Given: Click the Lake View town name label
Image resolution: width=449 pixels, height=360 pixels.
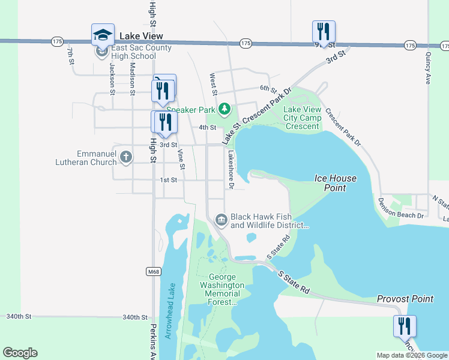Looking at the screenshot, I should click(141, 36).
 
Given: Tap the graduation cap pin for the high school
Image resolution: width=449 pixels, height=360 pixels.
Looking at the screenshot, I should click(103, 34).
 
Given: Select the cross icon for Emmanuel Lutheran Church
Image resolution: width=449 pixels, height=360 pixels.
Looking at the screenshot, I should click(125, 157).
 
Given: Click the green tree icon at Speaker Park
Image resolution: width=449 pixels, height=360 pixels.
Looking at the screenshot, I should click(224, 109).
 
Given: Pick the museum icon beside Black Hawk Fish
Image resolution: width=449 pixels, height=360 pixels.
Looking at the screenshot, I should click(221, 220).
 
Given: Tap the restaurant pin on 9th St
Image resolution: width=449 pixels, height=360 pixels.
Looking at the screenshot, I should click(324, 31).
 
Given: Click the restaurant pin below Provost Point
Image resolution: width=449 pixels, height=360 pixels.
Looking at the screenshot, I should click(405, 326).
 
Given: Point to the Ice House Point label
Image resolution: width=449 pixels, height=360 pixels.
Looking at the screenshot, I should click(336, 183).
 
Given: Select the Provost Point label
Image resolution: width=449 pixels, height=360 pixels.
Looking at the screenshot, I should click(405, 299).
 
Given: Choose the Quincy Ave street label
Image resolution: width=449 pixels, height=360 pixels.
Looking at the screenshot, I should click(428, 67).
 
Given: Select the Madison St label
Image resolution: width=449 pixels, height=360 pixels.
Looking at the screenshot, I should click(131, 80).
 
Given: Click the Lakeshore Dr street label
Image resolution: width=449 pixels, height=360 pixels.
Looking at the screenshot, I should click(230, 170).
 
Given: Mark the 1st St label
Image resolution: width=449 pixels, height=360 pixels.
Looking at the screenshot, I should click(169, 180).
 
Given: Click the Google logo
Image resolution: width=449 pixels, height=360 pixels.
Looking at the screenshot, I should click(20, 353).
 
